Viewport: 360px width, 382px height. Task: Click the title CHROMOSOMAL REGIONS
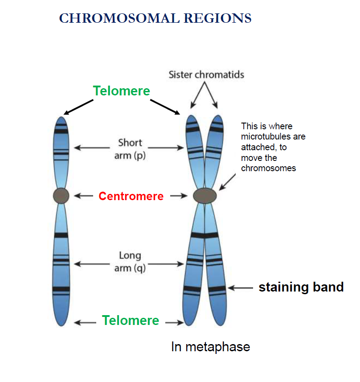pos(155,18)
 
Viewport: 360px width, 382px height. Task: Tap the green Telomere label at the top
pos(122,91)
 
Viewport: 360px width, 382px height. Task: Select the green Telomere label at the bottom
pos(131,320)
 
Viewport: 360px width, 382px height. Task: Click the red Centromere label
pos(131,196)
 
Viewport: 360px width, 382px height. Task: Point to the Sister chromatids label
pos(206,74)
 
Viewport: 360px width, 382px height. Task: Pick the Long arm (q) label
pos(130,262)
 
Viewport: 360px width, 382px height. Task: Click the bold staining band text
pos(301,287)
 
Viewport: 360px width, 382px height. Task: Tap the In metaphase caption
pos(210,347)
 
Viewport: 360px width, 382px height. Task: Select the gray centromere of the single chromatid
pos(61,195)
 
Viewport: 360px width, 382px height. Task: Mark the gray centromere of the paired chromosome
pos(205,195)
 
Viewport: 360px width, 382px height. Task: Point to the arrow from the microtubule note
pos(228,181)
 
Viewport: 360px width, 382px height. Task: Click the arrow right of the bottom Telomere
pos(175,322)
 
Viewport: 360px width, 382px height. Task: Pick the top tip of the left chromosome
pos(61,119)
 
